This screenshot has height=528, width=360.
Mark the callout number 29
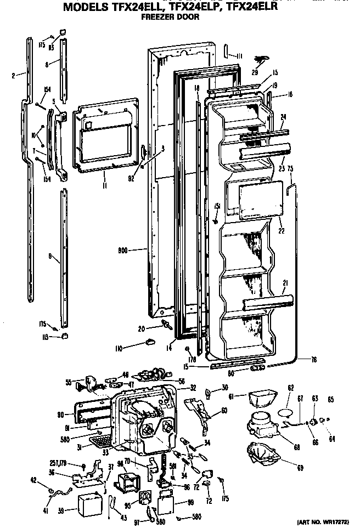[x=254, y=72]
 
